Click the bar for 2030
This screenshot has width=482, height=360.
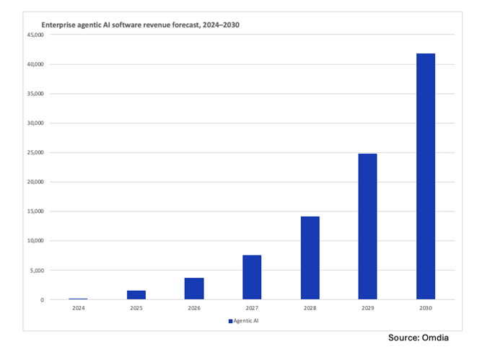point(425,176)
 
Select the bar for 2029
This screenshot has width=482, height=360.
point(367,227)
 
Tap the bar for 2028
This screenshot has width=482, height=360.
point(310,258)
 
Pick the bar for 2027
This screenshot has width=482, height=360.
point(252,277)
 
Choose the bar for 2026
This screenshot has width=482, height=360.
point(194,289)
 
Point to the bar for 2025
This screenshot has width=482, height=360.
point(136,294)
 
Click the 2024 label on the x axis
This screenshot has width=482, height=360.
point(79,308)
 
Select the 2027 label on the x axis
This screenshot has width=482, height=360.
point(252,308)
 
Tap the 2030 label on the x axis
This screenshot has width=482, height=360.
point(425,308)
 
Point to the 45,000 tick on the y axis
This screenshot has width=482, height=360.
point(35,35)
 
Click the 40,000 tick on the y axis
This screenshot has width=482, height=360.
point(35,64)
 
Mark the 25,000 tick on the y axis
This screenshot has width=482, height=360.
point(35,152)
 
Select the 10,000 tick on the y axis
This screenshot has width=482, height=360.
point(35,241)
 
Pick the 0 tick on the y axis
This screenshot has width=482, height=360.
point(42,299)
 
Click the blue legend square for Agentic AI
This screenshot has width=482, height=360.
point(230,321)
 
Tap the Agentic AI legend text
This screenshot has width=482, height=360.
point(247,321)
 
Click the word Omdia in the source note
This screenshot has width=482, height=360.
point(448,338)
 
